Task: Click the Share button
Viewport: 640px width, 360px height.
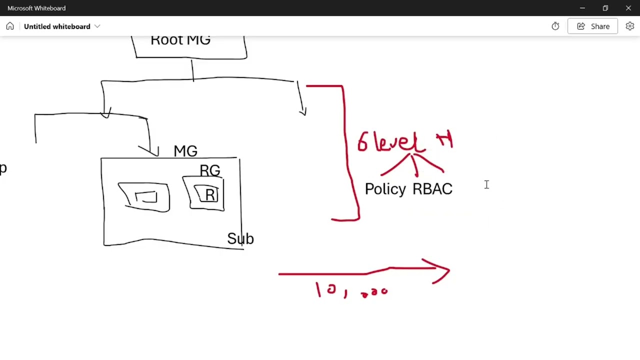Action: point(592,26)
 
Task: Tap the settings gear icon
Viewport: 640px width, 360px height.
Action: point(629,26)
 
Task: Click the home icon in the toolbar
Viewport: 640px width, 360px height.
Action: point(10,26)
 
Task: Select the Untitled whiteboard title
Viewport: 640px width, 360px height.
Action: point(57,26)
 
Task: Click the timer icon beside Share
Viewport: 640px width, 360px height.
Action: point(555,26)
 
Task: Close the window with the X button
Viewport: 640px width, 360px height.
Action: point(628,8)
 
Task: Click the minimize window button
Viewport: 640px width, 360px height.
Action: point(582,8)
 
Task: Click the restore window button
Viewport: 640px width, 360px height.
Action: point(605,8)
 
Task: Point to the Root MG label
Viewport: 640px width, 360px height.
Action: point(180,40)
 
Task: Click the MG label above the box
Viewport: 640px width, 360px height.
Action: point(185,151)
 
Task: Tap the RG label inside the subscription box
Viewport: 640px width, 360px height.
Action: point(209,171)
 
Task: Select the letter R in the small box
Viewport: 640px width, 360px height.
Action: point(210,195)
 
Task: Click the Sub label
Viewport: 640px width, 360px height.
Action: point(240,238)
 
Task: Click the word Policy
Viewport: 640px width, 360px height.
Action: point(385,189)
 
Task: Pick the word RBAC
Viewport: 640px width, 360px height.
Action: point(432,189)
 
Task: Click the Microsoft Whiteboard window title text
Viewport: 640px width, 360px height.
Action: point(36,8)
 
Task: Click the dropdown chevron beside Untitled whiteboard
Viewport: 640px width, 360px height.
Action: point(97,26)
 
